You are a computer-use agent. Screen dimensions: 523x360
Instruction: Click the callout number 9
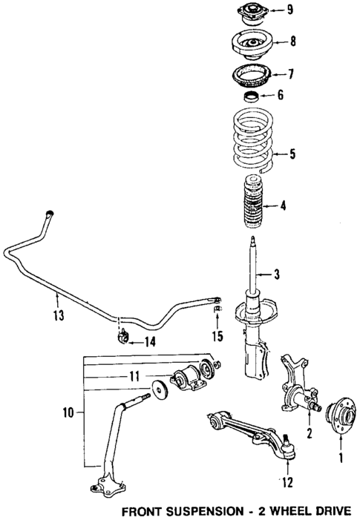[290, 10]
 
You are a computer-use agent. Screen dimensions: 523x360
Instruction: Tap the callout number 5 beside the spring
[292, 154]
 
